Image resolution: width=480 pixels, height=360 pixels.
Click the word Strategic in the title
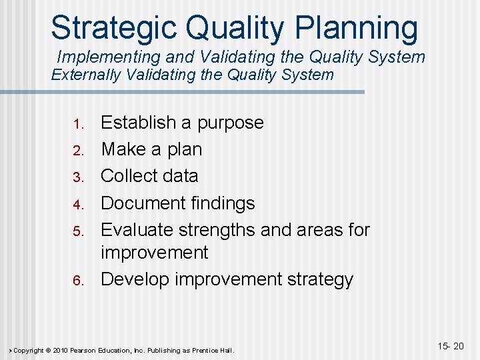point(113,28)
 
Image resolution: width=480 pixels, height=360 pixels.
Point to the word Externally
point(86,75)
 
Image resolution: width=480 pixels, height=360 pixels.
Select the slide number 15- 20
point(450,345)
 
